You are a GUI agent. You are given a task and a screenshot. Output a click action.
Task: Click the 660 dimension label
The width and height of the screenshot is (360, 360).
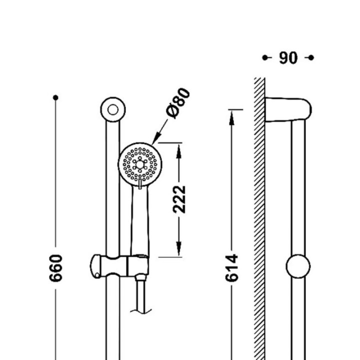click(x=55, y=268)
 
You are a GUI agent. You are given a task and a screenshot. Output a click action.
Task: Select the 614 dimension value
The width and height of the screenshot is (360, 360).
click(x=231, y=268)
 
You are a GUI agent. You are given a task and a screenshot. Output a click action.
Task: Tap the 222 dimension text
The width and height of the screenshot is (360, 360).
click(x=179, y=199)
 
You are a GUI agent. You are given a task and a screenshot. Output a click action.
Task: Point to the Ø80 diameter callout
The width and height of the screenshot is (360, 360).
click(x=178, y=103)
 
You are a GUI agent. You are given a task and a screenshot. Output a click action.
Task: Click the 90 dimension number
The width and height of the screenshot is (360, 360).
click(x=288, y=58)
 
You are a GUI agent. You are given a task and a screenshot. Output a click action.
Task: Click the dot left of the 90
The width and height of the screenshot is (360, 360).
click(x=264, y=57)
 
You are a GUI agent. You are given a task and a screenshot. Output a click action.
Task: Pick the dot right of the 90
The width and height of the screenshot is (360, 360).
click(x=311, y=57)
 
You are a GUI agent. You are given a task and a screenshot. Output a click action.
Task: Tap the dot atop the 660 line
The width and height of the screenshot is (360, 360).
click(x=55, y=98)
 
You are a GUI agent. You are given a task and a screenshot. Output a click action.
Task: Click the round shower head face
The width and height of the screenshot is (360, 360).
click(x=140, y=164)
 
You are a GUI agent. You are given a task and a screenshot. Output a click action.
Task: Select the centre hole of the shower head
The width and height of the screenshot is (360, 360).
click(x=140, y=164)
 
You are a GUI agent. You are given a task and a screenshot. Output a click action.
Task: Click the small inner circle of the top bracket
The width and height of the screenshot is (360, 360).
click(x=112, y=109)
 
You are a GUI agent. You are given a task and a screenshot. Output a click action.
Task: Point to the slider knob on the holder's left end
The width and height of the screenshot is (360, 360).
click(x=95, y=266)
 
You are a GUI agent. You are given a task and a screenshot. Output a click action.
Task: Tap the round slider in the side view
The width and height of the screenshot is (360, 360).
click(x=298, y=266)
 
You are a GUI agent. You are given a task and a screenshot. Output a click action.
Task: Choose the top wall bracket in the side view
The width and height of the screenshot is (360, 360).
click(x=288, y=109)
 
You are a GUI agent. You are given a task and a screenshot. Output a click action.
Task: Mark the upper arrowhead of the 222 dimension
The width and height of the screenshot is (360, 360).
click(x=179, y=151)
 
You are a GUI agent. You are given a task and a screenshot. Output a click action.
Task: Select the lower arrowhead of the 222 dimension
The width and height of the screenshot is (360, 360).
click(x=179, y=248)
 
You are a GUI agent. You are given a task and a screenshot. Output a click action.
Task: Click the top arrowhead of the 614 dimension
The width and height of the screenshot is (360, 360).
click(x=231, y=118)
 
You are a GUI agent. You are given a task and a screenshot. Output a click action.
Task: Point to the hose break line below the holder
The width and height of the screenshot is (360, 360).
click(x=140, y=311)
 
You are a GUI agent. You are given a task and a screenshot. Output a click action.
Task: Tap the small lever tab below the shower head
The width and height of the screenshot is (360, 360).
click(x=140, y=184)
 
